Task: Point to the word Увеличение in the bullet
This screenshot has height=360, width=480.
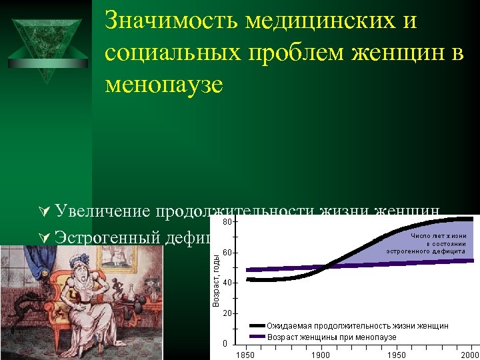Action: pos(103,212)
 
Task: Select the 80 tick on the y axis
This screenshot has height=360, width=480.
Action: pos(227,221)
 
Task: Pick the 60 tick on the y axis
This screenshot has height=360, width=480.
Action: pos(227,253)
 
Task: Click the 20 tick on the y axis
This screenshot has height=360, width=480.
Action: pos(227,313)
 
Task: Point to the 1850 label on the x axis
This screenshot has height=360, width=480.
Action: pos(246,355)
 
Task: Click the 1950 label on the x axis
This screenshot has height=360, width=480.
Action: pos(396,355)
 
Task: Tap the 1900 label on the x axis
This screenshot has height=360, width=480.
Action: pos(321,355)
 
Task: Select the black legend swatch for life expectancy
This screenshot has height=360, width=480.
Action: pos(257,325)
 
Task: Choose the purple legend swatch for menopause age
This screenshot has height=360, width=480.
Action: pos(257,337)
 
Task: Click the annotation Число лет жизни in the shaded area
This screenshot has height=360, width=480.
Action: pos(438,236)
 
